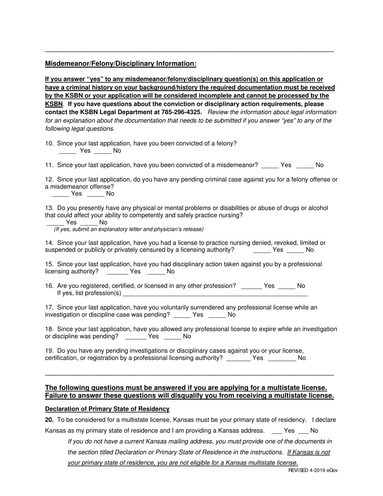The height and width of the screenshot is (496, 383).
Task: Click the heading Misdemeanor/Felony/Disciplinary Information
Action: click(x=121, y=64)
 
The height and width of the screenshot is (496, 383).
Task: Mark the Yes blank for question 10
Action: click(x=67, y=151)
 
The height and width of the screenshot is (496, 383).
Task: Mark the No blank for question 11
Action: click(x=305, y=165)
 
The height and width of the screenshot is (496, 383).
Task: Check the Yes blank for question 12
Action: click(x=60, y=194)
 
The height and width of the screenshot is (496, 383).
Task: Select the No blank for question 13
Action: click(x=89, y=223)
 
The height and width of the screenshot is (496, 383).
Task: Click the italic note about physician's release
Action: click(x=129, y=229)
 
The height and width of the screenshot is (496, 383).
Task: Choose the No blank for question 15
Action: click(x=156, y=272)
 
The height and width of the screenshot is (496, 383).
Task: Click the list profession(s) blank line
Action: click(x=215, y=293)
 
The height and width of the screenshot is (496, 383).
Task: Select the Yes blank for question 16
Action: click(x=251, y=286)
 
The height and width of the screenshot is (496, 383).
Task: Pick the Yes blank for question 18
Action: click(x=136, y=336)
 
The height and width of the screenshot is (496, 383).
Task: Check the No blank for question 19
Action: click(x=282, y=358)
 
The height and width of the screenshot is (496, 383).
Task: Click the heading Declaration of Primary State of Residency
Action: click(x=107, y=409)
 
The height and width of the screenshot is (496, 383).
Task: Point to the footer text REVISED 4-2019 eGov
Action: click(x=313, y=471)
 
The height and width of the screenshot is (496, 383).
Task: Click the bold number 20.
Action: click(x=49, y=420)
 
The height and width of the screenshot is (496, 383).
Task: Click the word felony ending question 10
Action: click(x=227, y=143)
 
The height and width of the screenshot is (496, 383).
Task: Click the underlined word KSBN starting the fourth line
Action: click(x=54, y=104)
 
